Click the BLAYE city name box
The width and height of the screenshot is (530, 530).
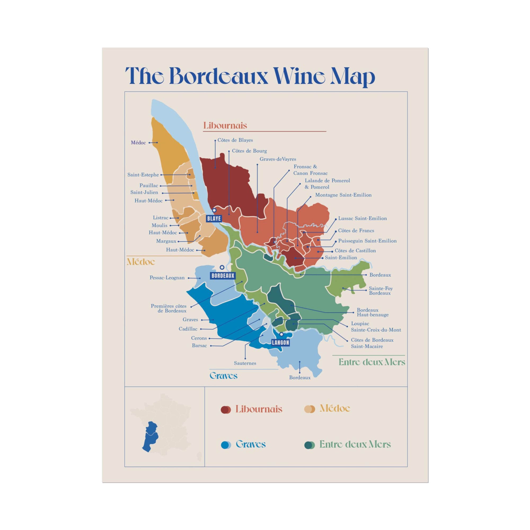(x=214, y=219)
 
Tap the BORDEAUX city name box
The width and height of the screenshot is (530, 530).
(x=223, y=276)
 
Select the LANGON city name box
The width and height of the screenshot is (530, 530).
(x=280, y=343)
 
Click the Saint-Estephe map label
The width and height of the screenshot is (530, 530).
(x=143, y=175)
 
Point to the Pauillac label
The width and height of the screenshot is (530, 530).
(x=148, y=185)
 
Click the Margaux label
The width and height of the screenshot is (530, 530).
(x=166, y=241)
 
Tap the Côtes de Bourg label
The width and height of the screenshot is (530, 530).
(x=249, y=151)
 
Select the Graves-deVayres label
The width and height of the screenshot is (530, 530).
(x=278, y=159)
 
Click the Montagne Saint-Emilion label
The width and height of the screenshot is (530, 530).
(x=343, y=195)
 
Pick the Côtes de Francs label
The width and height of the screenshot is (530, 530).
(x=356, y=231)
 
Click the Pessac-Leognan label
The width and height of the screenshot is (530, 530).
(x=167, y=278)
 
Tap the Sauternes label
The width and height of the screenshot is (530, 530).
(x=245, y=363)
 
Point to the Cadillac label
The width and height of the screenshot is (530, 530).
(x=188, y=329)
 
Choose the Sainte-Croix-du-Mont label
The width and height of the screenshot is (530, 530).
(x=376, y=330)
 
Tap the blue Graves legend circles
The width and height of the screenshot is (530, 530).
(x=226, y=445)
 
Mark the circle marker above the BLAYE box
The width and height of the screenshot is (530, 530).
(x=214, y=210)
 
